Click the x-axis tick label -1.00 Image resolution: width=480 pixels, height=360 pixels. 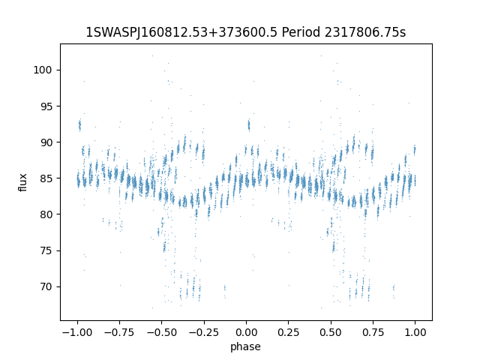pyautogui.click(x=76, y=332)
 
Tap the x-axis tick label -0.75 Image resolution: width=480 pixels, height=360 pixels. pyautogui.click(x=118, y=332)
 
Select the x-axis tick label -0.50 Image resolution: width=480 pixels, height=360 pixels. pyautogui.click(x=161, y=332)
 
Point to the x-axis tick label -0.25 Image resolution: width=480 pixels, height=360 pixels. pyautogui.click(x=203, y=332)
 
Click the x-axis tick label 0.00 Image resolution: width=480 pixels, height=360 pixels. pyautogui.click(x=246, y=332)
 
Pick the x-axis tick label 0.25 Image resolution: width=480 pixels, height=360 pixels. pyautogui.click(x=289, y=332)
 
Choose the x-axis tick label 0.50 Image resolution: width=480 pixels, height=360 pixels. pyautogui.click(x=331, y=332)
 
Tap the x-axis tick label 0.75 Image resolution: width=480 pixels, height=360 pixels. pyautogui.click(x=373, y=332)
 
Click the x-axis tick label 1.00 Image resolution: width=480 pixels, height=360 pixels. pyautogui.click(x=415, y=332)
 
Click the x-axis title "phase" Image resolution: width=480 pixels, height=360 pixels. pyautogui.click(x=246, y=346)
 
